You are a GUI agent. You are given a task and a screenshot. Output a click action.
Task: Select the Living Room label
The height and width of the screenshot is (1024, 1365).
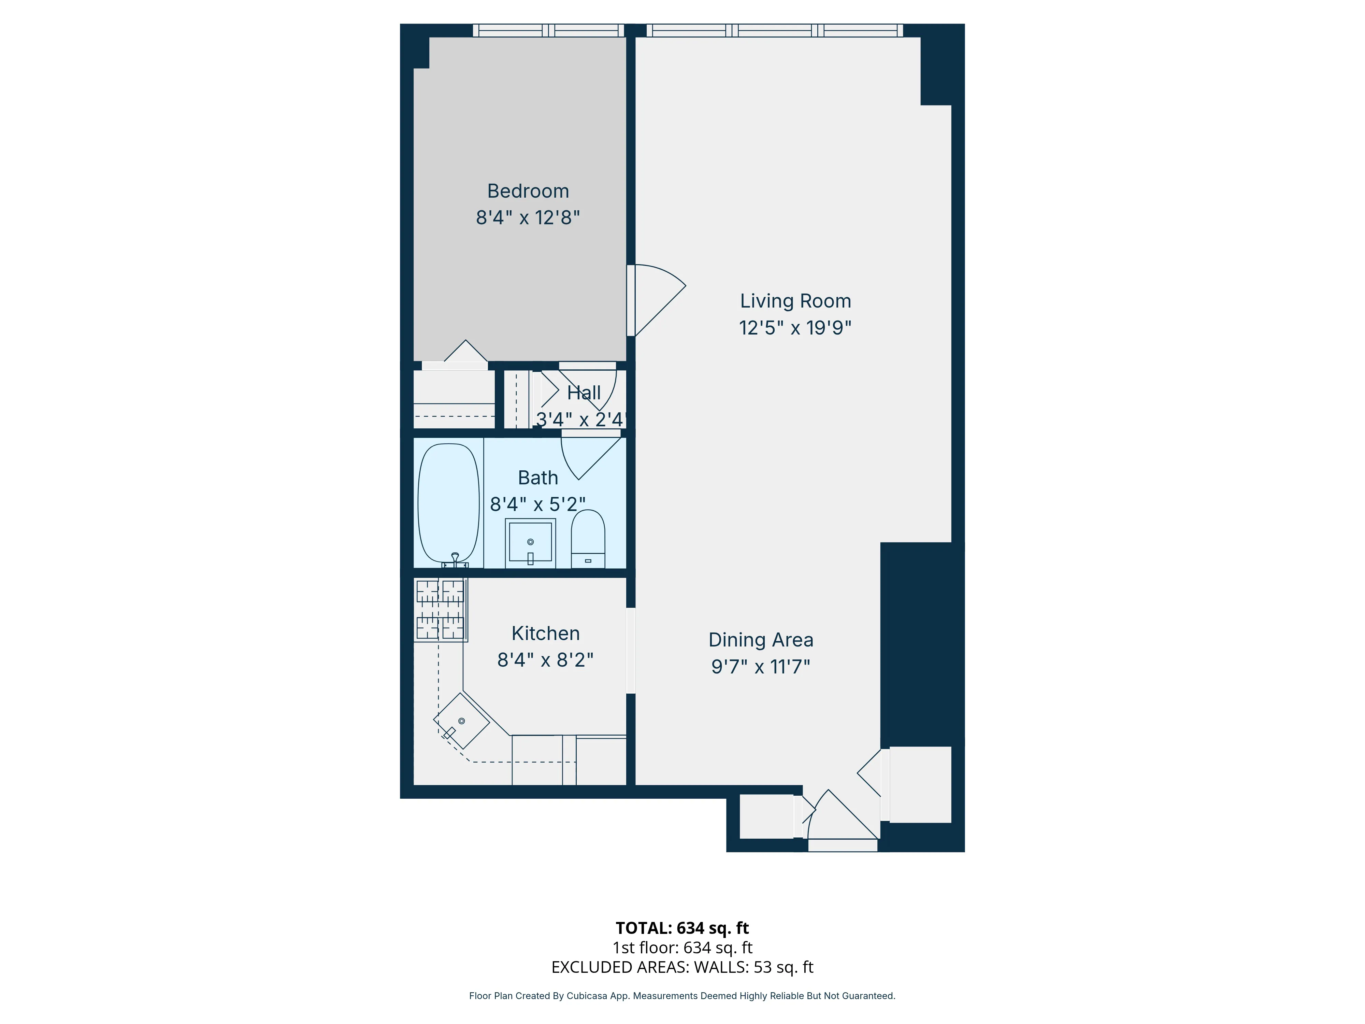click(795, 301)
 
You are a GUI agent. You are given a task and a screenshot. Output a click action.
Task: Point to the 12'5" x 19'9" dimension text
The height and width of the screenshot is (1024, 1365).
click(795, 328)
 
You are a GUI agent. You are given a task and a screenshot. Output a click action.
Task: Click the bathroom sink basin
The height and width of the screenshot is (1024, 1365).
click(530, 542)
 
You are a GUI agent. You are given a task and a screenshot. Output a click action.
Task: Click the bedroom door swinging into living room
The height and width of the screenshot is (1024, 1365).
click(657, 299)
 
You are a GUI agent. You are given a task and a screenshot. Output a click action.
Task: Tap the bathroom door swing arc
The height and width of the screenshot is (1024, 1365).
click(586, 457)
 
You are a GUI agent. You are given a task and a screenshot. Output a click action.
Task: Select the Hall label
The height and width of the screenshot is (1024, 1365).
click(584, 393)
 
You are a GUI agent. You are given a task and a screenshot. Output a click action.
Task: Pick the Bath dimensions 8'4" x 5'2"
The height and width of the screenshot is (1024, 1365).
click(537, 504)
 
